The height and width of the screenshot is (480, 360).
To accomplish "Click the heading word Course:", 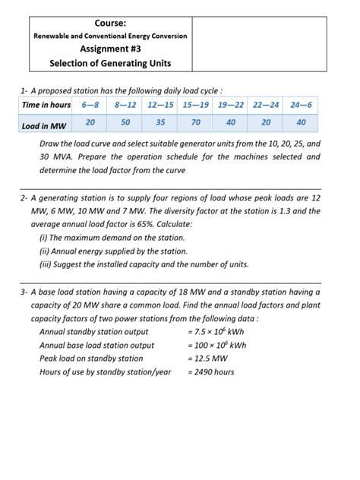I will (x=109, y=23).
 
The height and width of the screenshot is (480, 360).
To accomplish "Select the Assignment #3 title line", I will (x=109, y=49).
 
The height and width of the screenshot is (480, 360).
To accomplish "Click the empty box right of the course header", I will (x=259, y=43).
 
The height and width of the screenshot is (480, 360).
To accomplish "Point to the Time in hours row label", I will (x=46, y=105).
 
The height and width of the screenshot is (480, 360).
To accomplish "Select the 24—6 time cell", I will (x=301, y=105).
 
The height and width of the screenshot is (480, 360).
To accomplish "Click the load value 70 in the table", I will (x=196, y=122).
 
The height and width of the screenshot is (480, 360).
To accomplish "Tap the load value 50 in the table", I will (x=125, y=122).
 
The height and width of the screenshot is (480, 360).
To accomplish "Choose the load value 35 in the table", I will (x=160, y=122).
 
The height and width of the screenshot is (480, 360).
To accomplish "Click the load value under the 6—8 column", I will (x=90, y=122).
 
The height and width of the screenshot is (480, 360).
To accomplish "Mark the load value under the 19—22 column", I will (x=231, y=122).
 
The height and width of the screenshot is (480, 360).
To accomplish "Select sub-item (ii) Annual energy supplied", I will (x=113, y=251).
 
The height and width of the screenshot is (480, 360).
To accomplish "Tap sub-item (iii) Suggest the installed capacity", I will (x=144, y=264).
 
